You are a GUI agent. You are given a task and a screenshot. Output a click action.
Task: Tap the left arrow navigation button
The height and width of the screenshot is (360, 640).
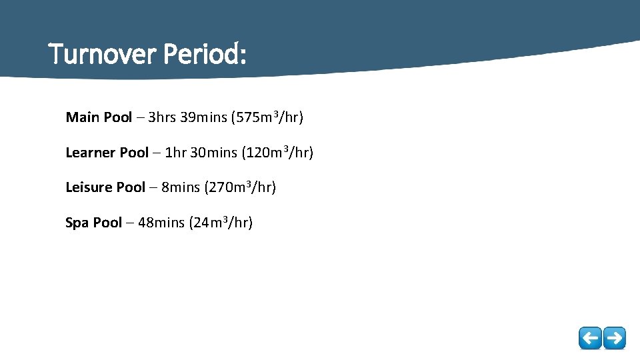(x=589, y=338)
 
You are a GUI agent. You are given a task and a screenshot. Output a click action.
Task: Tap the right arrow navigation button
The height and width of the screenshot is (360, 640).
(x=614, y=338)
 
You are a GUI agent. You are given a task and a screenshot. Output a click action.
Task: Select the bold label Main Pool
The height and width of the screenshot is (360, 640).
(x=99, y=118)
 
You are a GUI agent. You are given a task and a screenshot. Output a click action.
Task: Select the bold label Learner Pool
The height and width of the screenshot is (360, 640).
(x=107, y=153)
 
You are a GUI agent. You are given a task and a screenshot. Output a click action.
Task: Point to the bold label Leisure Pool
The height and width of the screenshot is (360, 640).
(x=105, y=187)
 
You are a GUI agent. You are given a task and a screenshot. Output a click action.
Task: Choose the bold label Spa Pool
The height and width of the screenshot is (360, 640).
(x=93, y=223)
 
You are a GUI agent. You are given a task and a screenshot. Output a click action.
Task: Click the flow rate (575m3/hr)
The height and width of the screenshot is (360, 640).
(x=267, y=118)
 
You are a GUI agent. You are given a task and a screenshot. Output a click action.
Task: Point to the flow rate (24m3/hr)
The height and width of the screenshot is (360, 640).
(x=221, y=223)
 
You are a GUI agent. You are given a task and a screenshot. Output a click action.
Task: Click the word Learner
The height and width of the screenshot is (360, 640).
(x=90, y=153)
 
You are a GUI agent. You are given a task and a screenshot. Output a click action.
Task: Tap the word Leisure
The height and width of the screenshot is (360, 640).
(x=89, y=187)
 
